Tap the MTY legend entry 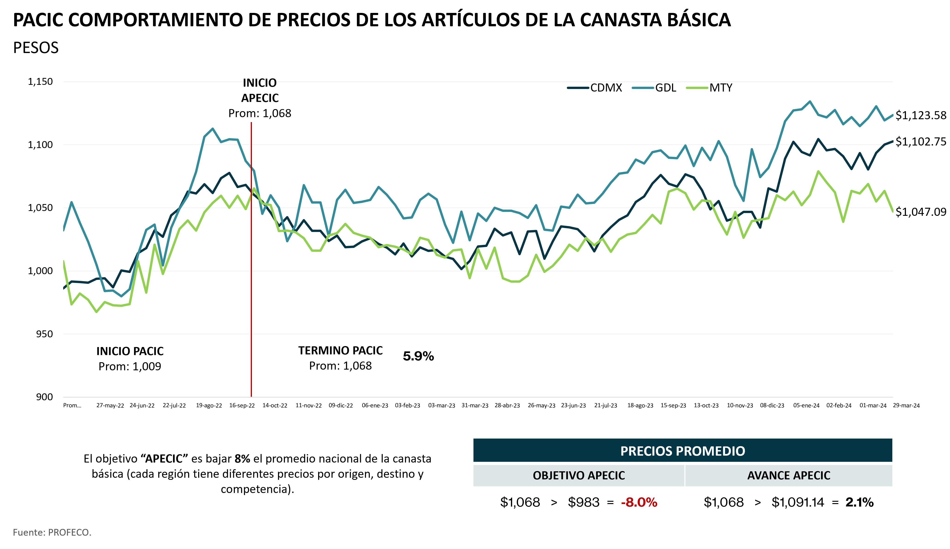tap(709, 88)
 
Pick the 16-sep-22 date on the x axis tap(242, 405)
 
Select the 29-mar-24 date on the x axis tap(906, 405)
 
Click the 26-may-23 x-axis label tap(541, 405)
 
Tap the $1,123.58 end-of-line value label tap(921, 115)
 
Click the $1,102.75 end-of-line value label tap(921, 142)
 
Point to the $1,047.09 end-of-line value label tap(921, 212)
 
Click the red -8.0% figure tap(639, 502)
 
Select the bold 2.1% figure tap(860, 502)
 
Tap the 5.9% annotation tap(418, 356)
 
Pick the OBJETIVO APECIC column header tap(579, 475)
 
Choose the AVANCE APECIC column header tap(789, 475)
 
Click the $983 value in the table tap(584, 502)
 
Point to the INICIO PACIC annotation tap(130, 351)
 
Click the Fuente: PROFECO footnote tap(52, 532)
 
